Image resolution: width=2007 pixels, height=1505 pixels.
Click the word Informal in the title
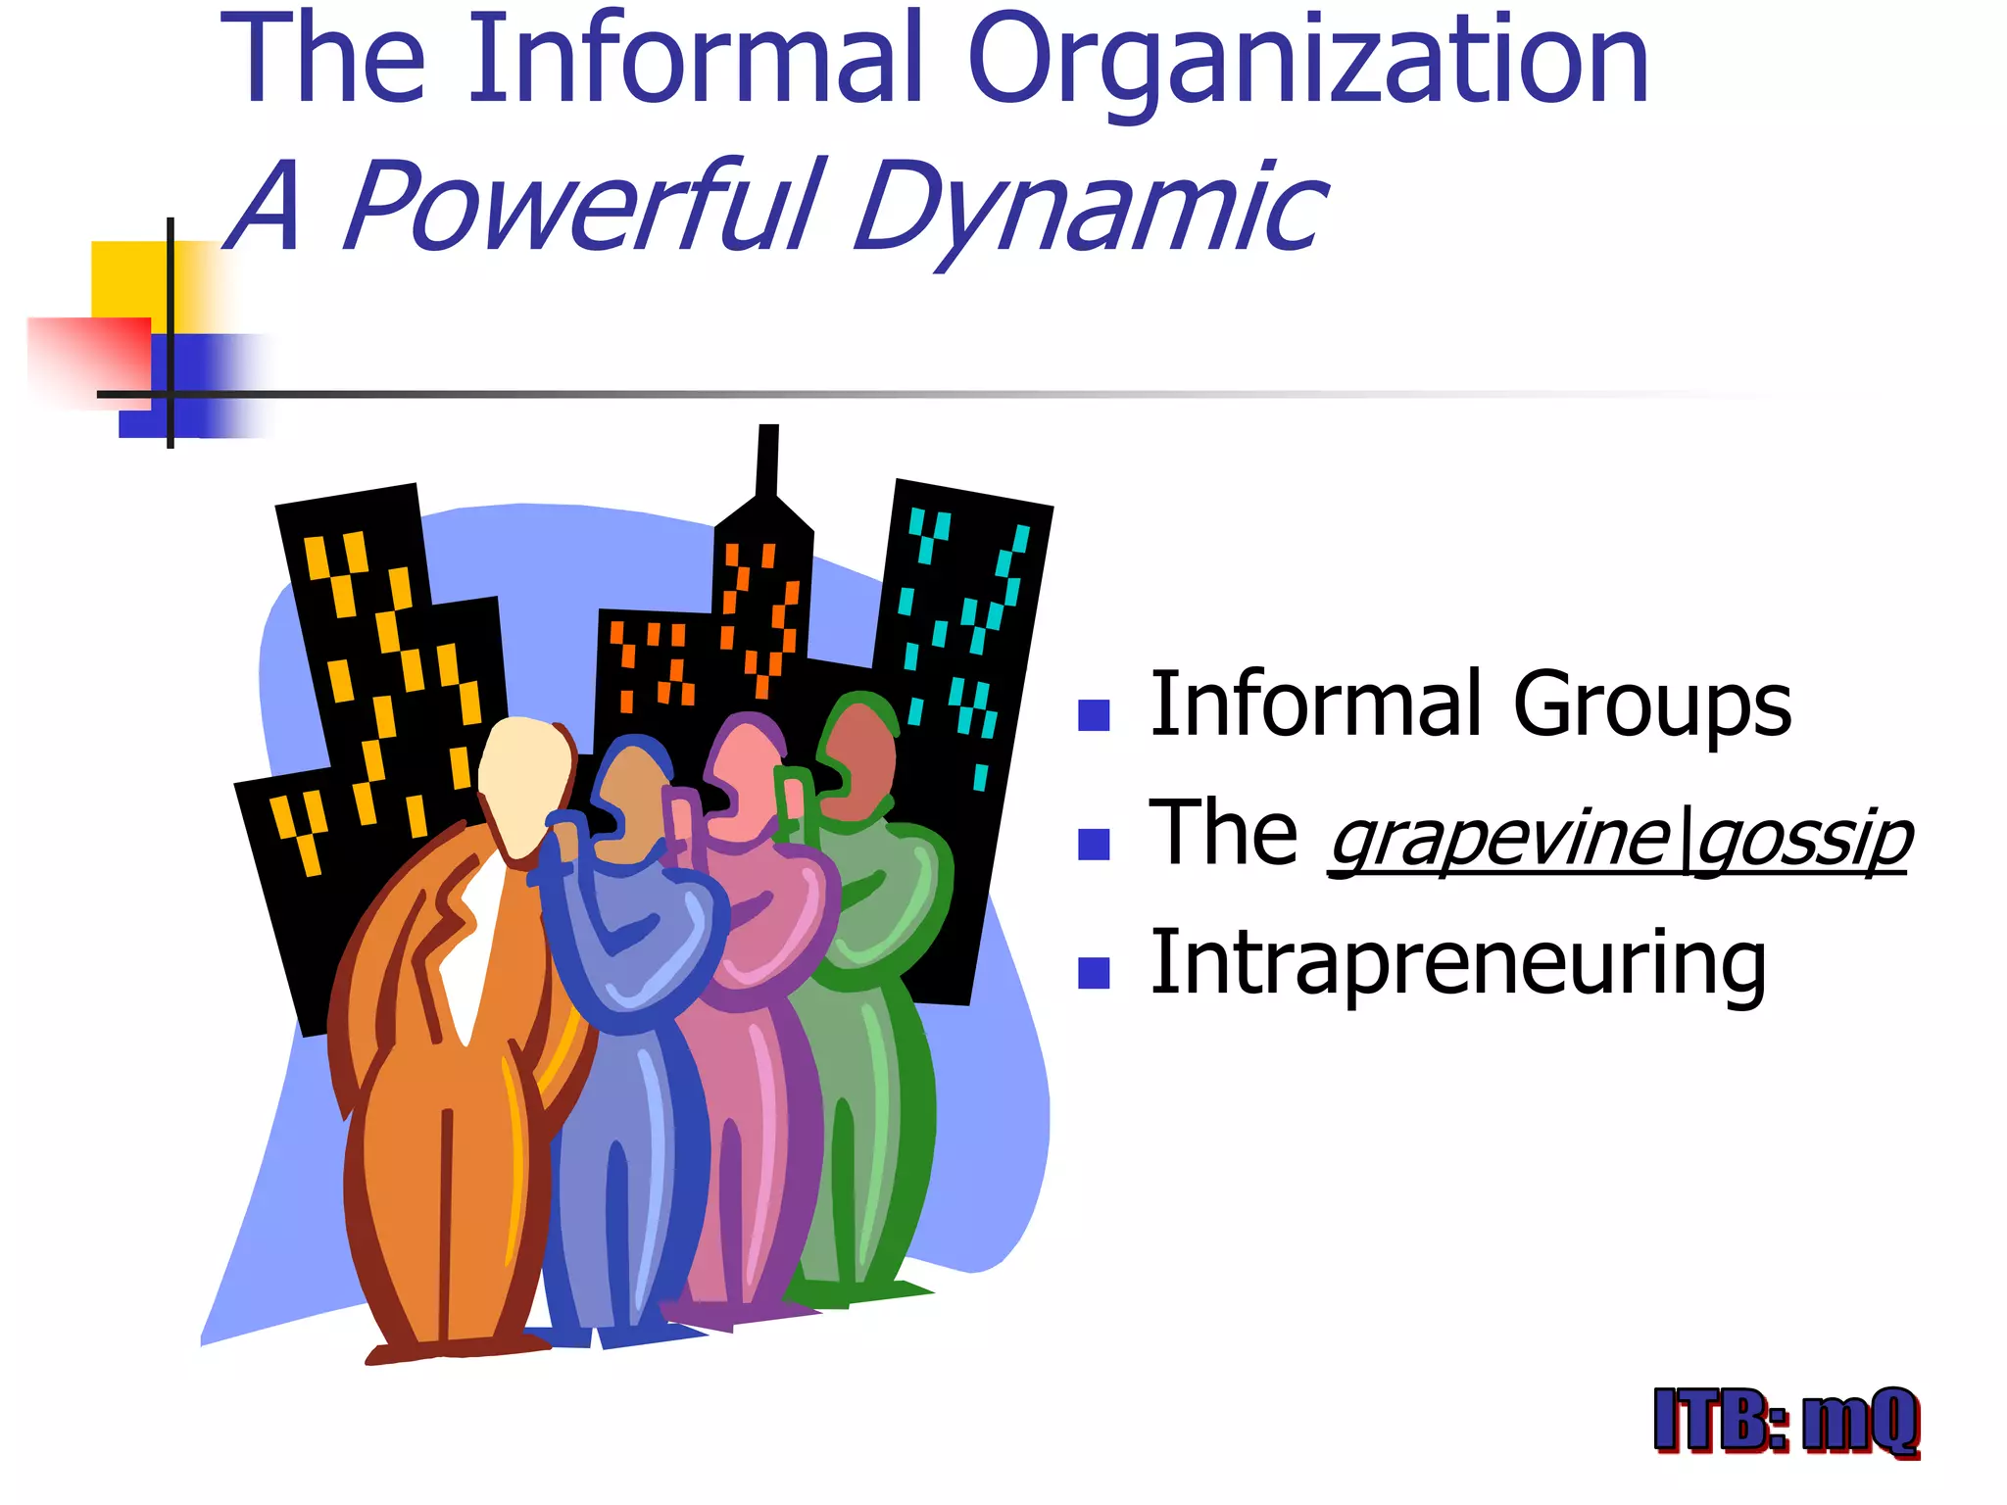[x=696, y=61]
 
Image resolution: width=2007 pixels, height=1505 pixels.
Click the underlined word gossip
[x=1803, y=841]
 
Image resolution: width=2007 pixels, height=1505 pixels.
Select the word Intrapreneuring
[x=1457, y=964]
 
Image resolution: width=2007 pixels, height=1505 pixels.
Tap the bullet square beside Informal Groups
[x=1093, y=715]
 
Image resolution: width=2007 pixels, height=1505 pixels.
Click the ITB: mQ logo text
[x=1786, y=1421]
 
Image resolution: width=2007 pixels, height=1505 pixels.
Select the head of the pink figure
[x=745, y=774]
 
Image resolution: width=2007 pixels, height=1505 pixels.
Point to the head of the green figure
[x=857, y=759]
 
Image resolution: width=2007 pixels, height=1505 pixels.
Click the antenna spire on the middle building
[x=767, y=461]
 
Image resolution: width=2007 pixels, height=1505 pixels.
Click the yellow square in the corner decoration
[x=127, y=279]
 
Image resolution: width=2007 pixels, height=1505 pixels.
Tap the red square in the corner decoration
[x=88, y=358]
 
